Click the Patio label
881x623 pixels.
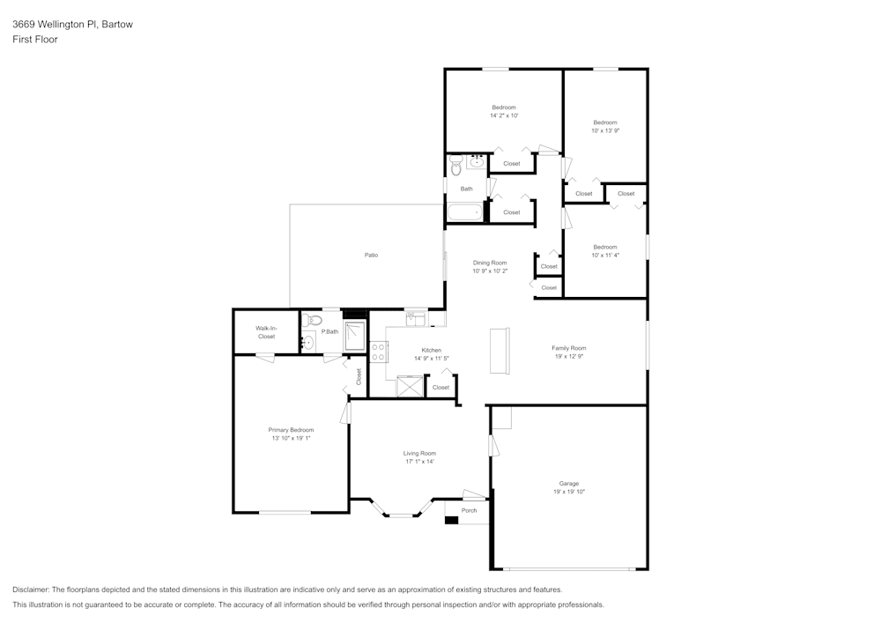pyautogui.click(x=371, y=255)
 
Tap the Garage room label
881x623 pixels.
pyautogui.click(x=568, y=483)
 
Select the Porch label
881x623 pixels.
pyautogui.click(x=470, y=510)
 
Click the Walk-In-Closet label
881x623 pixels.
pyautogui.click(x=266, y=332)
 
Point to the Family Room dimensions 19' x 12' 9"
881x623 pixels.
pyautogui.click(x=568, y=356)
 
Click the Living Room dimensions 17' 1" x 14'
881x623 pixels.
pyautogui.click(x=419, y=462)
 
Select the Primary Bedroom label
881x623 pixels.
pyautogui.click(x=291, y=430)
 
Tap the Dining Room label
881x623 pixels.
pyautogui.click(x=489, y=263)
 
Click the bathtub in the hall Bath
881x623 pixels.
pyautogui.click(x=464, y=213)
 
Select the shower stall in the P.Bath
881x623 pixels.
pyautogui.click(x=355, y=336)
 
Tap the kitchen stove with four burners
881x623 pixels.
pyautogui.click(x=378, y=352)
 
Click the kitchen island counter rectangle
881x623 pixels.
pyautogui.click(x=500, y=351)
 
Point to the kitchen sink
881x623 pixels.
pyautogui.click(x=416, y=319)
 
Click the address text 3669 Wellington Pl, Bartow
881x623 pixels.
pyautogui.click(x=72, y=24)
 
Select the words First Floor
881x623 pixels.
pyautogui.click(x=35, y=40)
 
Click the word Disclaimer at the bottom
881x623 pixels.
pyautogui.click(x=31, y=590)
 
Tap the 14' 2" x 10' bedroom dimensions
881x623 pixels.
pyautogui.click(x=504, y=115)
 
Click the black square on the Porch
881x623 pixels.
pyautogui.click(x=452, y=520)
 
